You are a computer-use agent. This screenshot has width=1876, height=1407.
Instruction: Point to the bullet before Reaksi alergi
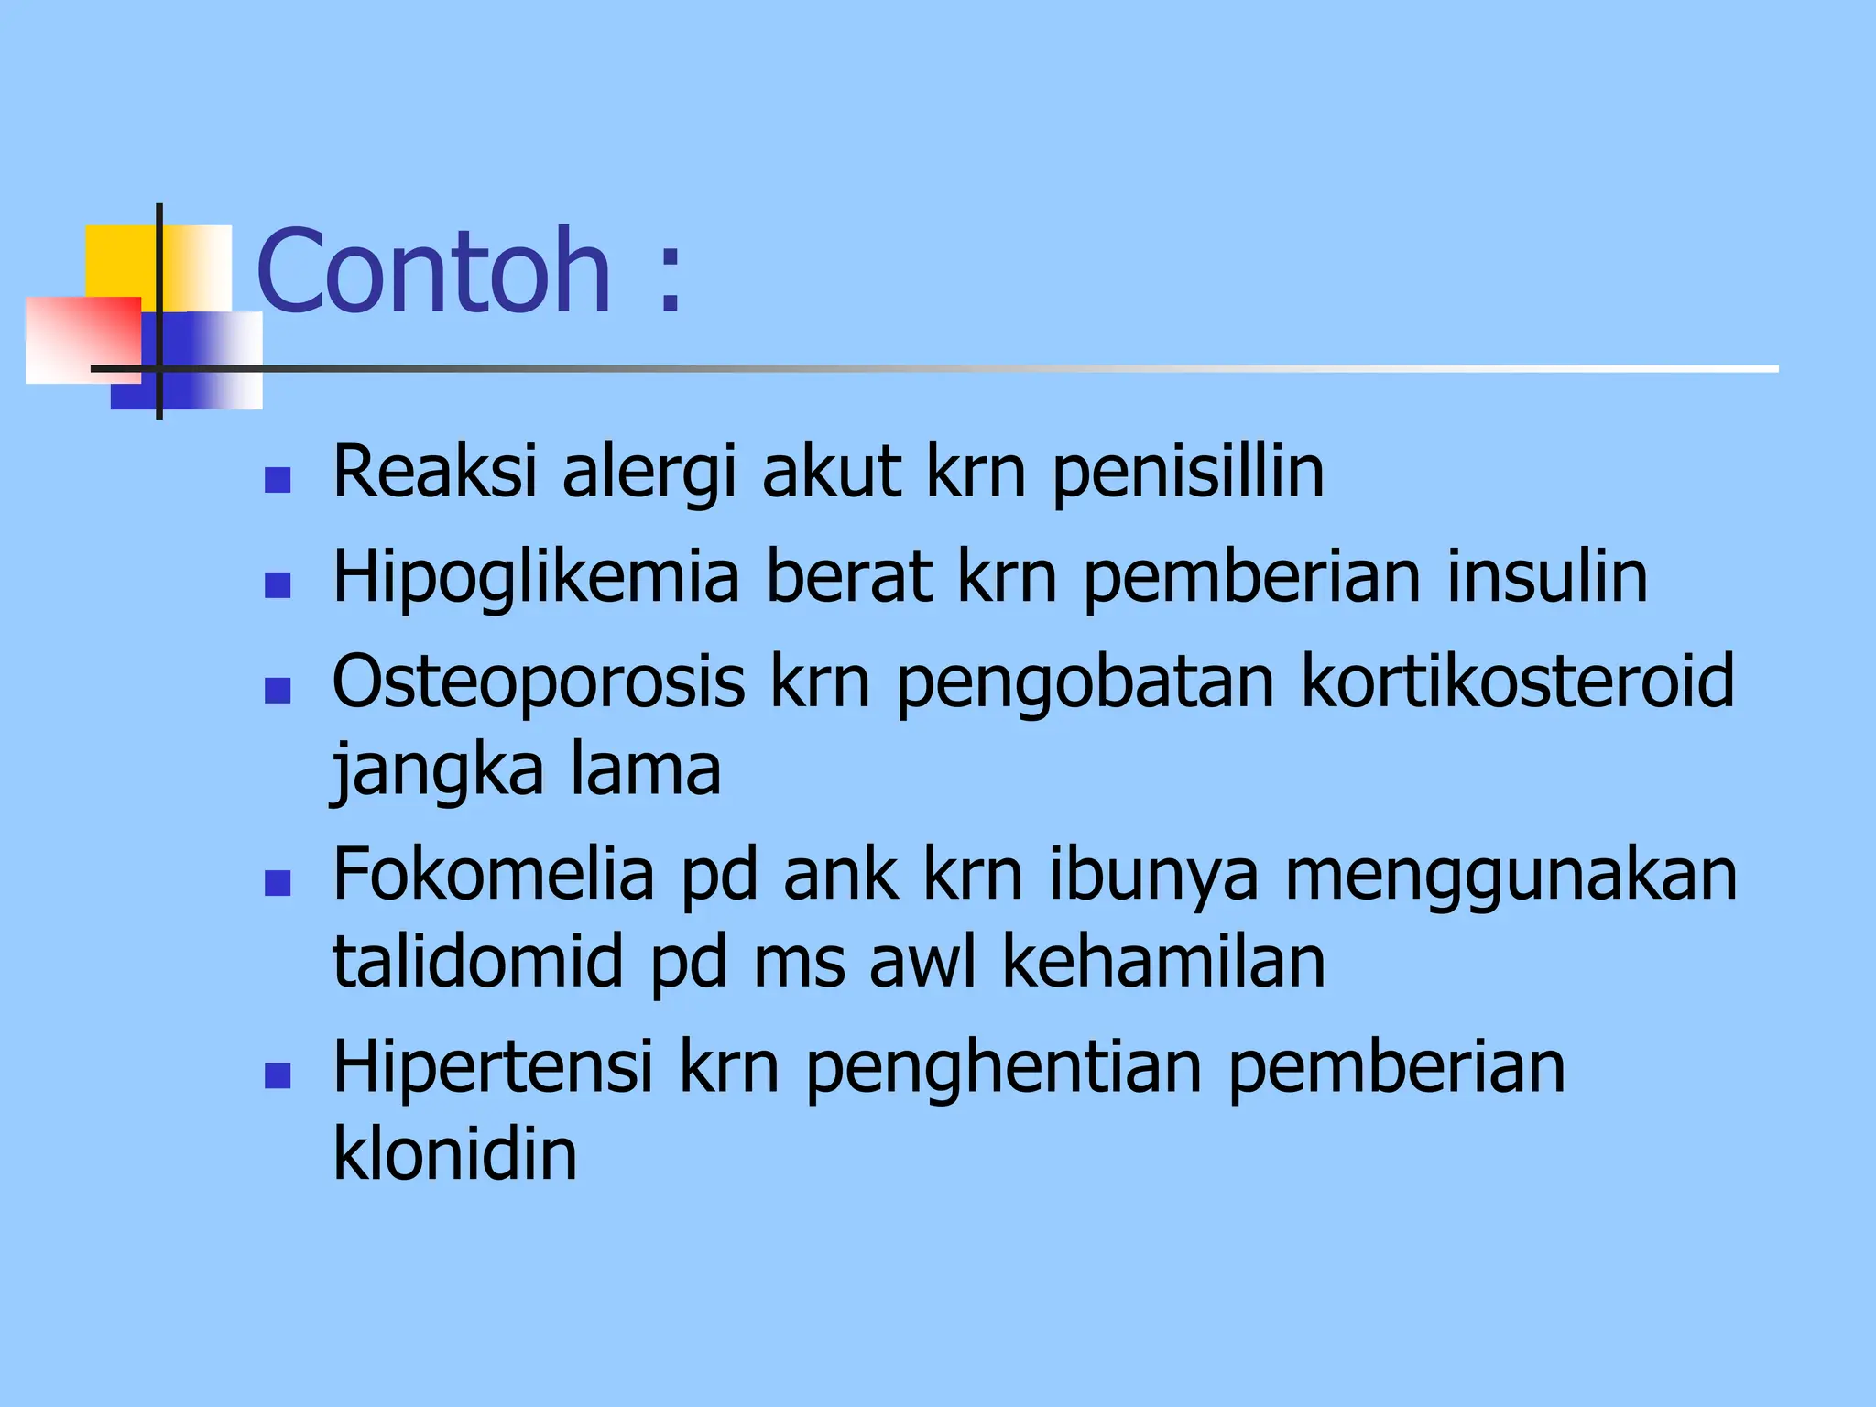[x=277, y=480]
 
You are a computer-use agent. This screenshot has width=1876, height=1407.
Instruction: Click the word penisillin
[x=1187, y=473]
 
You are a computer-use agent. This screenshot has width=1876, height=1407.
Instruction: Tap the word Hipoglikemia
[x=536, y=578]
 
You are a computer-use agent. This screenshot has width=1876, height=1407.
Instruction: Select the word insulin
[x=1547, y=576]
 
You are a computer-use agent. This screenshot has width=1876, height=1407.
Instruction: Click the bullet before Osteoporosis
[x=277, y=690]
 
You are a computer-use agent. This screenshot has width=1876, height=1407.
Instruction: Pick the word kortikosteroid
[x=1517, y=682]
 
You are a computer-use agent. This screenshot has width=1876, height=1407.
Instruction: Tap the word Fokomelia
[x=494, y=875]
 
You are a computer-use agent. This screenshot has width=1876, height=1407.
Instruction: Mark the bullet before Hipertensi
[x=277, y=1075]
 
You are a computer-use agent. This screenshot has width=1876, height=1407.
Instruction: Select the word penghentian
[x=1003, y=1069]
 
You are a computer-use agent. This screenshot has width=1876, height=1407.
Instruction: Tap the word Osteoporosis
[x=539, y=682]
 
